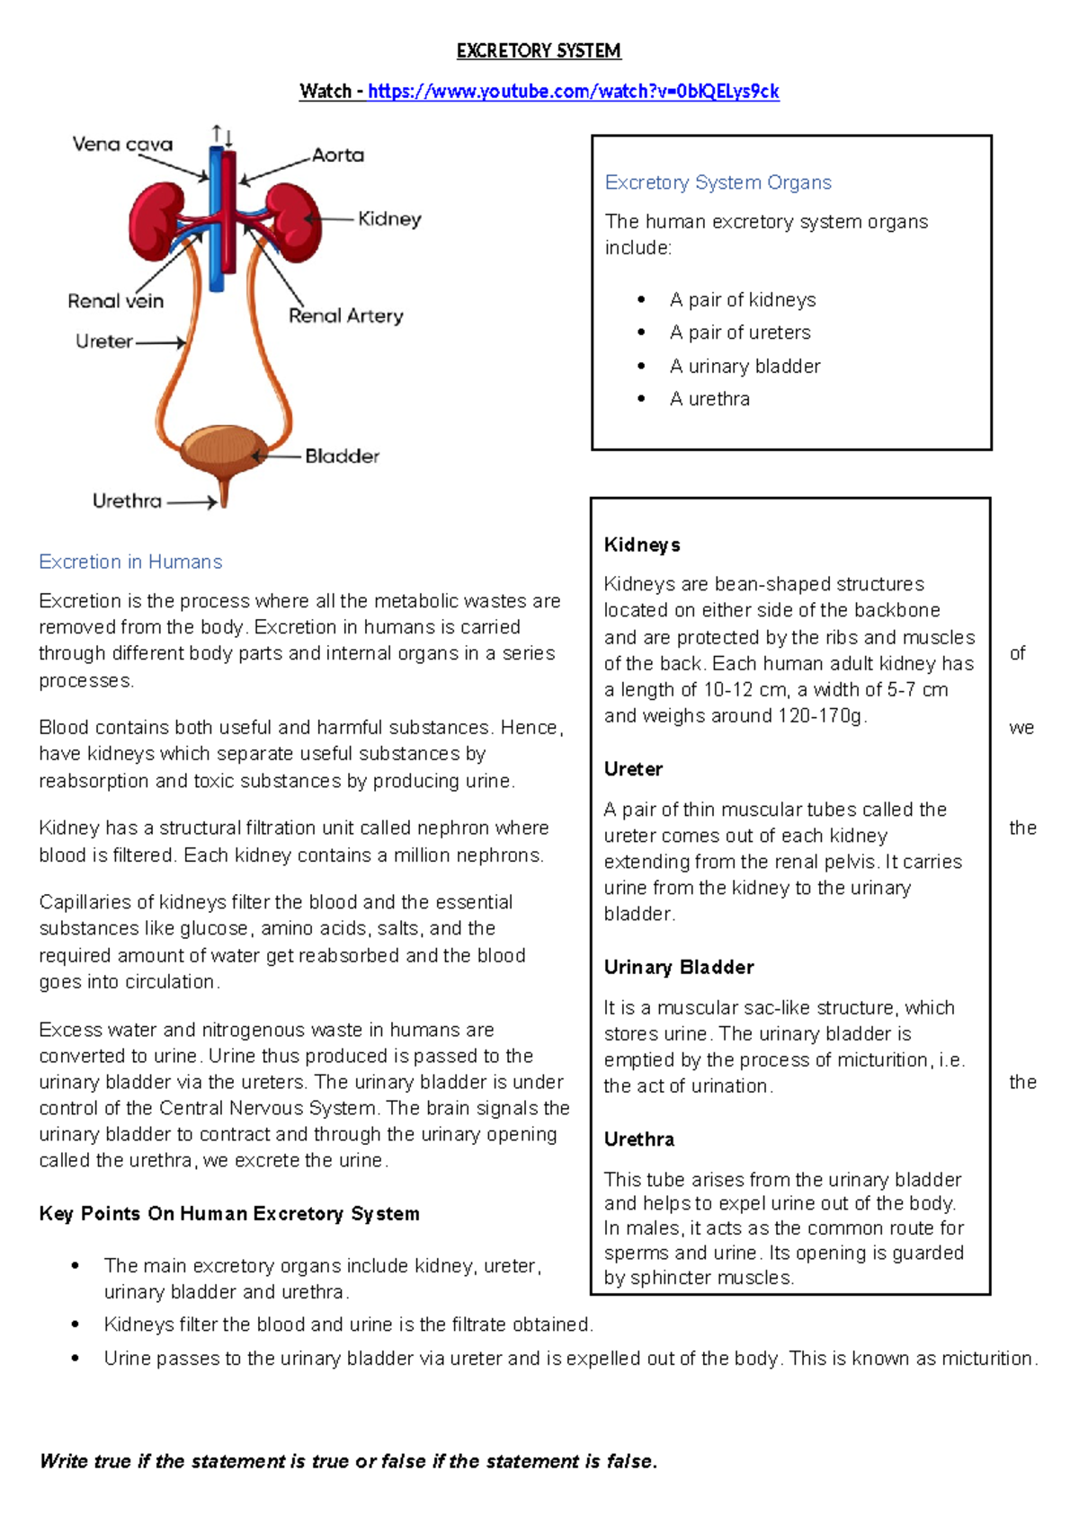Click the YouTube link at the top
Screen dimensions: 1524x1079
tap(573, 91)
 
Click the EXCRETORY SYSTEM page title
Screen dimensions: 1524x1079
tap(539, 51)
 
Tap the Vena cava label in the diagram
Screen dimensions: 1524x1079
tap(122, 144)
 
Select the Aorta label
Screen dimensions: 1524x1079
tap(338, 155)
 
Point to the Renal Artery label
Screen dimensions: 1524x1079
tap(346, 315)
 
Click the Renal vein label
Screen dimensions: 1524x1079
tap(115, 301)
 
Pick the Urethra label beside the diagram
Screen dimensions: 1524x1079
tap(127, 501)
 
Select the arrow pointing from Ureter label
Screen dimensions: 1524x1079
tap(162, 342)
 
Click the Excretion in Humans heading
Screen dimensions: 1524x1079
tap(130, 562)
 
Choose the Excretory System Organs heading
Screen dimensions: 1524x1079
tap(718, 182)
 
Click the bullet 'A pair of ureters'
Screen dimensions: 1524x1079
tap(740, 332)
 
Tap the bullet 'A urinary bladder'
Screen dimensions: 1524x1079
tap(745, 366)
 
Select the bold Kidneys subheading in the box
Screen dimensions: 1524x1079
tap(642, 545)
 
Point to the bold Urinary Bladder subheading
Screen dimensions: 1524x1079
tap(679, 967)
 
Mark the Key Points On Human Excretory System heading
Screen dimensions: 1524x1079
tap(229, 1214)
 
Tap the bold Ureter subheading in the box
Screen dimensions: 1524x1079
tap(633, 769)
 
